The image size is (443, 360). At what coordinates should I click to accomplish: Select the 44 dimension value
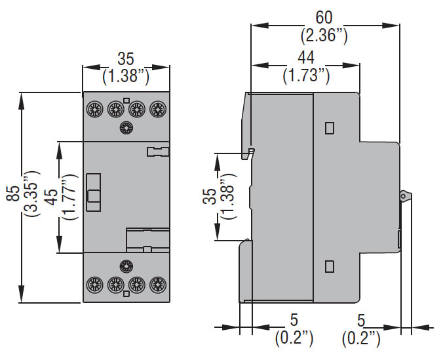[x=306, y=56]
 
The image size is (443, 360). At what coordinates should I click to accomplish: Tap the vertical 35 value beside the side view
[x=208, y=197]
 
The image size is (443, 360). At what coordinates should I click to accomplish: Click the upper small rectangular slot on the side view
[x=330, y=127]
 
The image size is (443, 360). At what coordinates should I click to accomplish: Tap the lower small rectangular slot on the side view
[x=330, y=266]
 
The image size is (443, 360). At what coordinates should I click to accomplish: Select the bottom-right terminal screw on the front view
[x=157, y=285]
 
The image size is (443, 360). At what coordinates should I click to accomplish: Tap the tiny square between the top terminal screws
[x=126, y=100]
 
